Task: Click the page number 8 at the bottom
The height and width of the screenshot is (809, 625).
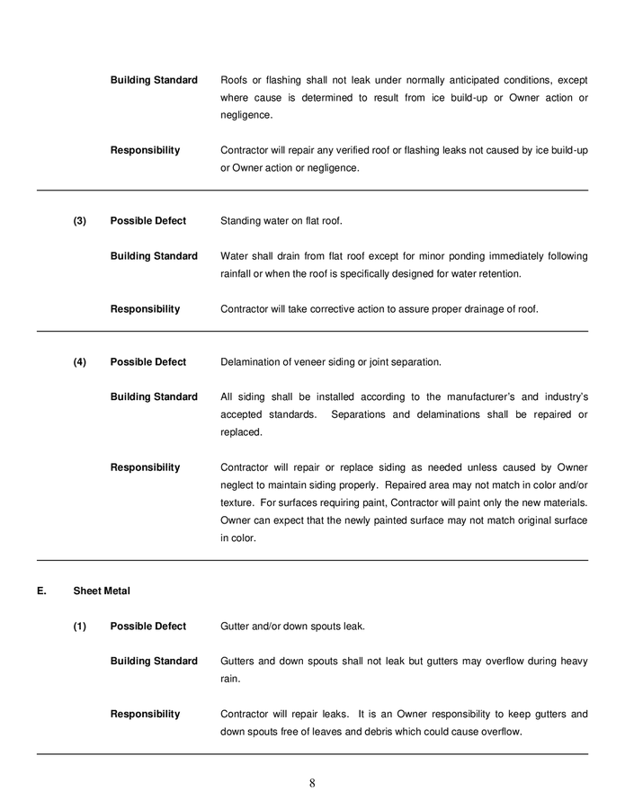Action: [312, 782]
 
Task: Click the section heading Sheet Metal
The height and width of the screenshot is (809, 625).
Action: [102, 591]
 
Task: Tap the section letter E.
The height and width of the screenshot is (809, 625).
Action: [40, 591]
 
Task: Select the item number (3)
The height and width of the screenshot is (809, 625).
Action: [80, 220]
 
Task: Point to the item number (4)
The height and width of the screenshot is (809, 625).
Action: [80, 361]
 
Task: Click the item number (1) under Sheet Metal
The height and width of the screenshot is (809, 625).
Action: [80, 626]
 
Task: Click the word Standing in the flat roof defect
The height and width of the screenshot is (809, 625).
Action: [241, 220]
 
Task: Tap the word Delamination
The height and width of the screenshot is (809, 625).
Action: [254, 361]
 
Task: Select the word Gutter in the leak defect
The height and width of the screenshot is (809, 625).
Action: [236, 626]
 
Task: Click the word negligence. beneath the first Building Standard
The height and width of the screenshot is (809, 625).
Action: [246, 115]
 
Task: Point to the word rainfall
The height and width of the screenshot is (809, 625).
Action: [237, 273]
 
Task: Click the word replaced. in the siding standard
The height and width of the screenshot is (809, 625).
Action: [241, 431]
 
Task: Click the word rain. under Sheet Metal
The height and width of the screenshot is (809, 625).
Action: [230, 679]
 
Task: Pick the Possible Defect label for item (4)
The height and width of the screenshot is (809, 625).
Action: [148, 361]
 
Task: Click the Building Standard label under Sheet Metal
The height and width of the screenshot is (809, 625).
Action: [154, 661]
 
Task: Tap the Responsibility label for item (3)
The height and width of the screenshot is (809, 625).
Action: [145, 308]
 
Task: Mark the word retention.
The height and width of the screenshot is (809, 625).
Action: [498, 273]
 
